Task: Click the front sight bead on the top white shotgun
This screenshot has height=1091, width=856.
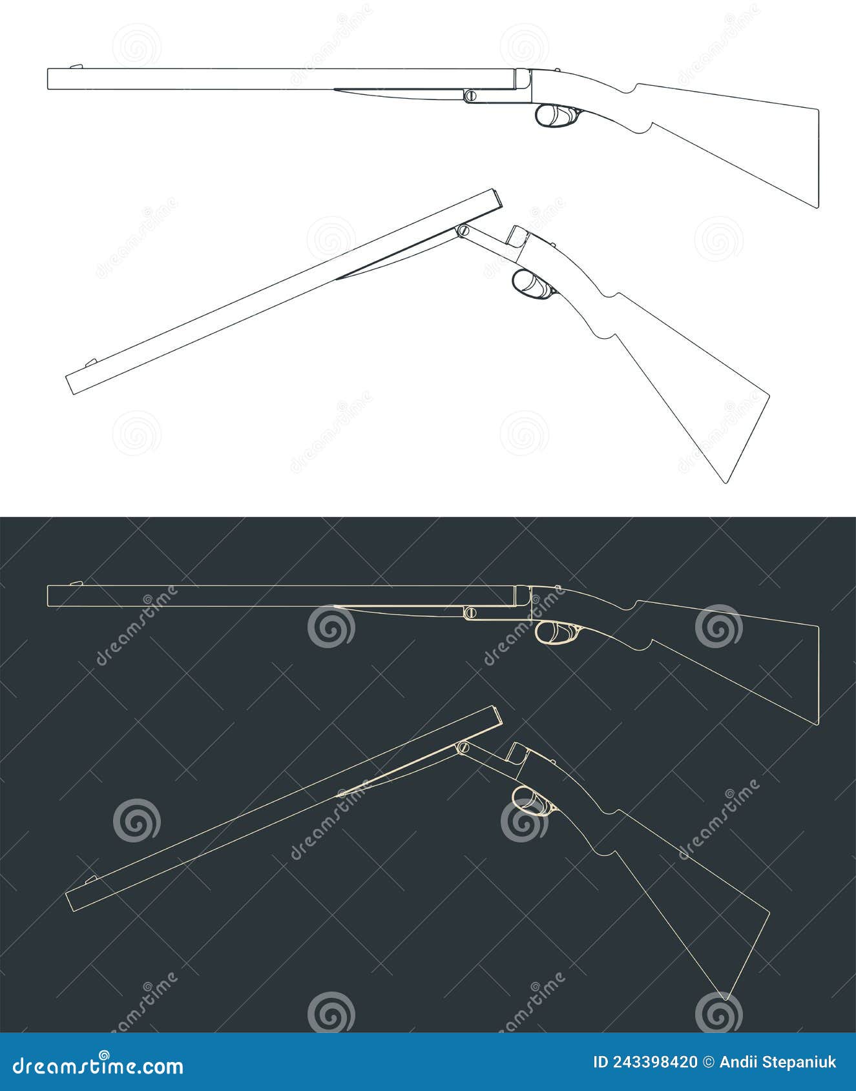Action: [76, 66]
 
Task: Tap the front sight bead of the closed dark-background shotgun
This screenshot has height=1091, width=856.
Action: [76, 583]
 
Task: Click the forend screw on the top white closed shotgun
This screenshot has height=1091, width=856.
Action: [471, 96]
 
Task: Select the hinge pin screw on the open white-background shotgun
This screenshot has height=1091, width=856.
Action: [462, 230]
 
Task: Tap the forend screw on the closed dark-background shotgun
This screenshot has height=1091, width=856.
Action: [471, 611]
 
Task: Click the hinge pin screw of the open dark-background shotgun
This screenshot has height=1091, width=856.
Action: [462, 747]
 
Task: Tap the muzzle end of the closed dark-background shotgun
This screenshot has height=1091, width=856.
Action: [49, 596]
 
